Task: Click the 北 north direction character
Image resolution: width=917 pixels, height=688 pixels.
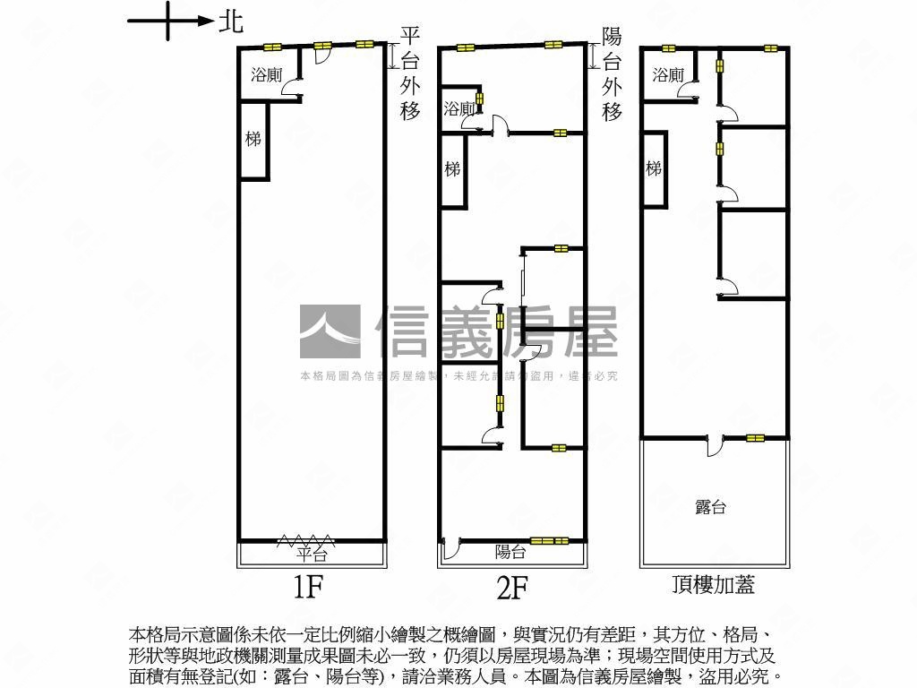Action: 231,21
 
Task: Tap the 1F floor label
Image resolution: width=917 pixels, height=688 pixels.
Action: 307,587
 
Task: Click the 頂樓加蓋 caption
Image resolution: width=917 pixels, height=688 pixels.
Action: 713,585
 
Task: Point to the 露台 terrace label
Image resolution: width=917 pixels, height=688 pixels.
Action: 710,507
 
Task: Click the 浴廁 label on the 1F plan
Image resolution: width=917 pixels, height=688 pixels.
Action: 266,75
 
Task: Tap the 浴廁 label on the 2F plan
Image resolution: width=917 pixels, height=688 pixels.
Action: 458,109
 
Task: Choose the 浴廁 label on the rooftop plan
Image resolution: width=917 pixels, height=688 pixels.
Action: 668,75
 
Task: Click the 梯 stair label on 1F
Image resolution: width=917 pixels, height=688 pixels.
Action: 253,139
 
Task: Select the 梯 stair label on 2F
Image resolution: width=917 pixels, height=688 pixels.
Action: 452,168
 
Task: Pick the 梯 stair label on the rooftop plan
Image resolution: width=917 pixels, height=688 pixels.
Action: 654,168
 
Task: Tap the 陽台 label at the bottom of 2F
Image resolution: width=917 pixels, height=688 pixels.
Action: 510,553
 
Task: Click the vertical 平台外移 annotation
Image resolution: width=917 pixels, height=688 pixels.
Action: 410,73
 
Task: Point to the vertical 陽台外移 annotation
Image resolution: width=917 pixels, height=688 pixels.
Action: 612,73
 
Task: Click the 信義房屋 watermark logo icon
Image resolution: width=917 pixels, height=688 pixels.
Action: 330,331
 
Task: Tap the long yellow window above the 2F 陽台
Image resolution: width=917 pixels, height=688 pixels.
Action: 549,540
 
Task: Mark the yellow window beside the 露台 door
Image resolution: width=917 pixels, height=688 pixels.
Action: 756,438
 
